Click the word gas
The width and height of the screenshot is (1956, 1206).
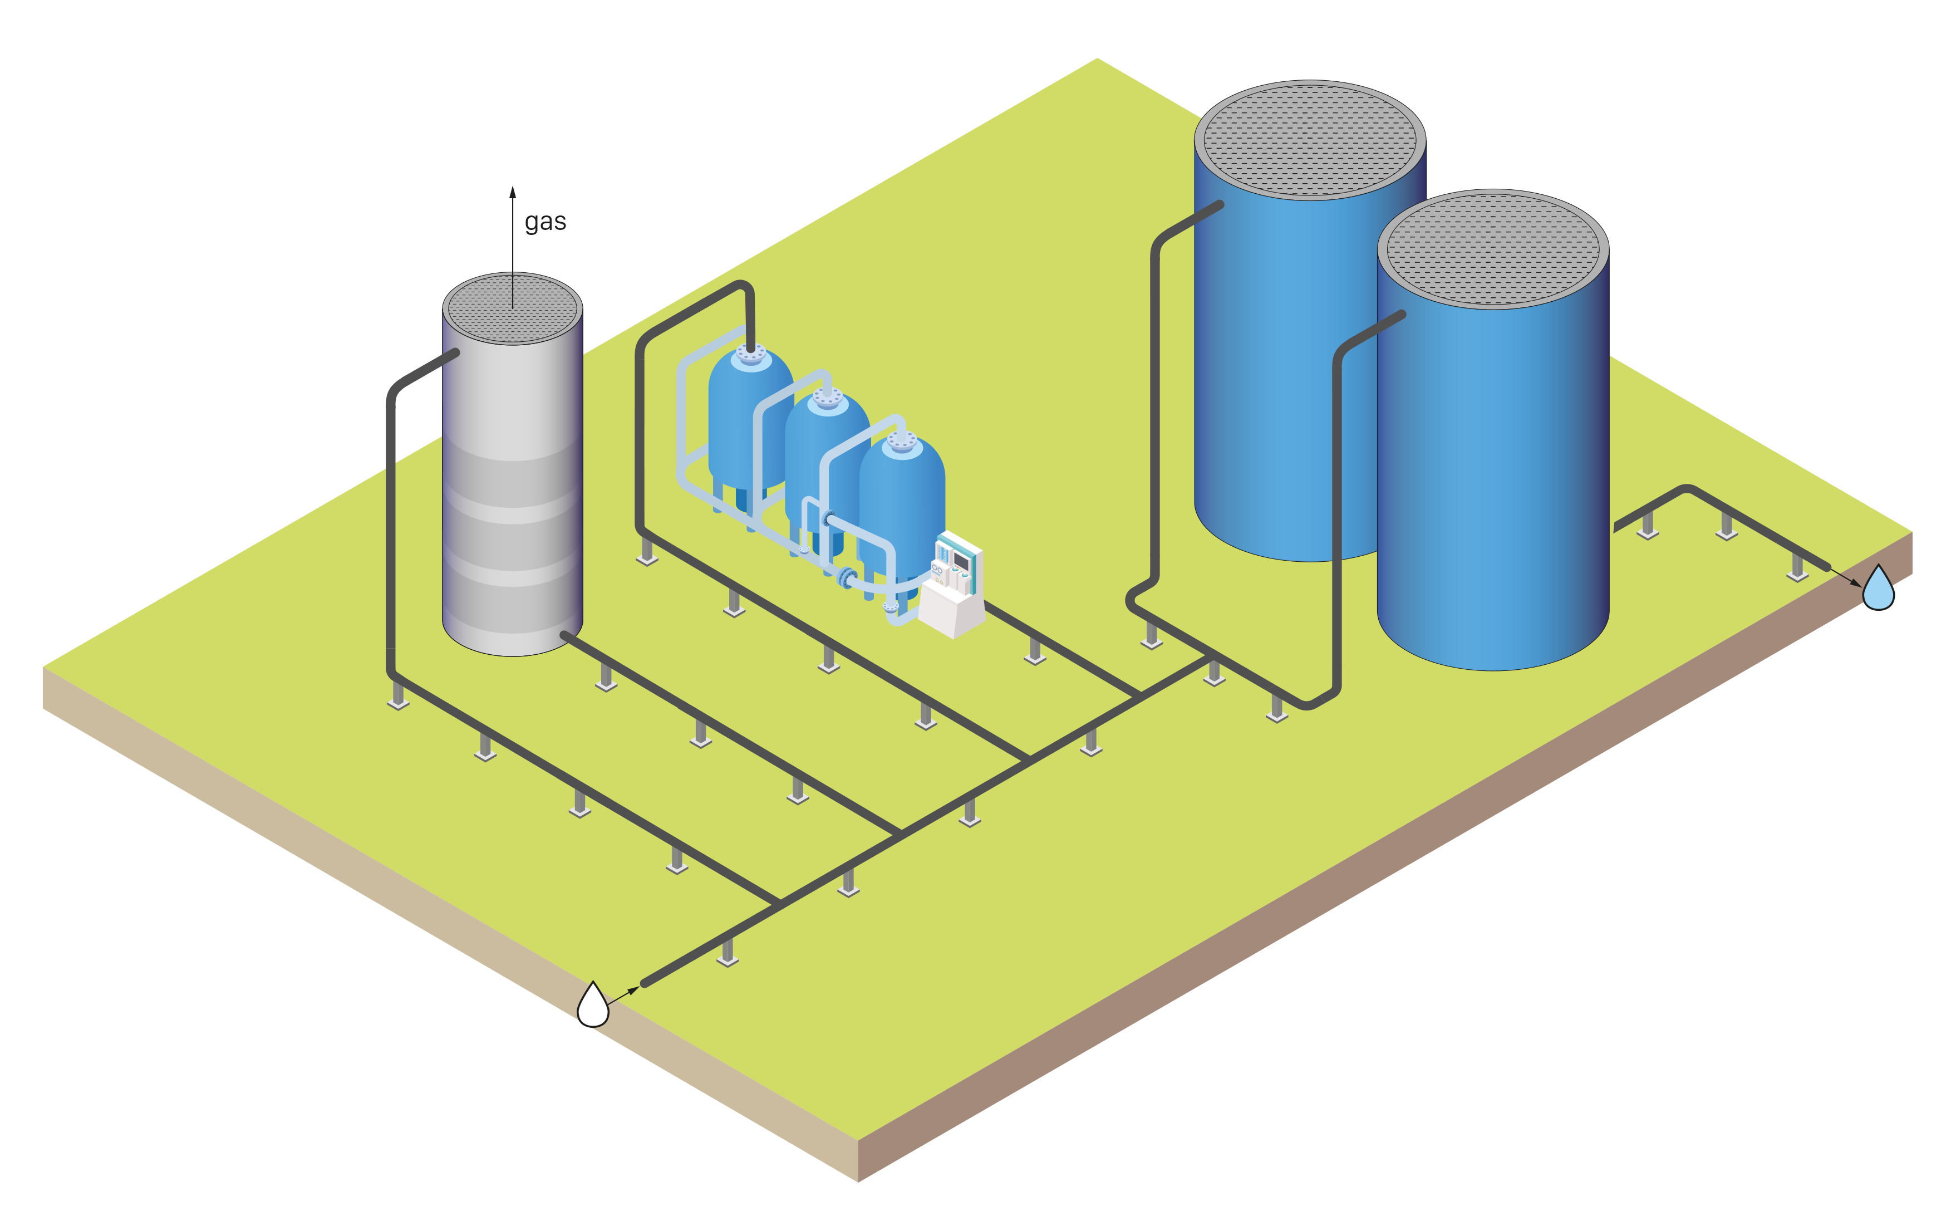point(545,222)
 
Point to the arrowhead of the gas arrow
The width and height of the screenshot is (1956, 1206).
point(513,192)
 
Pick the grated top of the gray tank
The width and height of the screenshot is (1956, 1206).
point(512,308)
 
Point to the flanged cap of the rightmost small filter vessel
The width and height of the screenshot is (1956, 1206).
point(902,441)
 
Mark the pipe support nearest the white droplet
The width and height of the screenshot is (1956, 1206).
point(726,952)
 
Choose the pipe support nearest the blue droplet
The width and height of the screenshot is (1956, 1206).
point(1798,567)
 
